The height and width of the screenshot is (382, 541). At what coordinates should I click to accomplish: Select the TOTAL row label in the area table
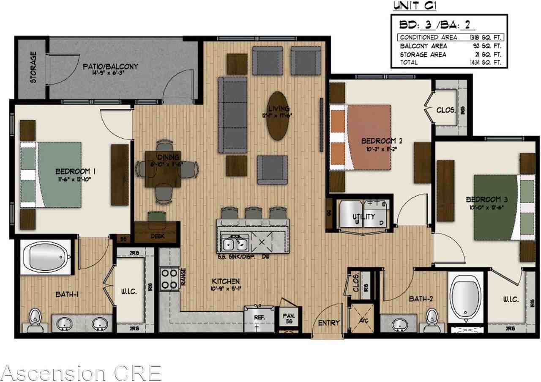coord(409,63)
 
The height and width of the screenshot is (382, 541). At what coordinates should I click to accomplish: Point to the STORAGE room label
coord(33,67)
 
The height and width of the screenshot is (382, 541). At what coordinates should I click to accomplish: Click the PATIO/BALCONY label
coord(110,67)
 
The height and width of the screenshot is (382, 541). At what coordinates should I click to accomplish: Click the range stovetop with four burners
coord(169,278)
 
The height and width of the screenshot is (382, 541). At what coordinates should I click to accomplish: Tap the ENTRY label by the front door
coord(329,323)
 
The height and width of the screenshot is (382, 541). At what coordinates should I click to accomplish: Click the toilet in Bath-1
coord(34,318)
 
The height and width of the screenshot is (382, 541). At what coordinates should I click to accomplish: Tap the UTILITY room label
coord(364,217)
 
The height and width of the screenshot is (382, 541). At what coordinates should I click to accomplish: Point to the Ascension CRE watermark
coord(81,373)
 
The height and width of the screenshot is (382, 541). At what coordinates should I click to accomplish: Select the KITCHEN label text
coord(226,281)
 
